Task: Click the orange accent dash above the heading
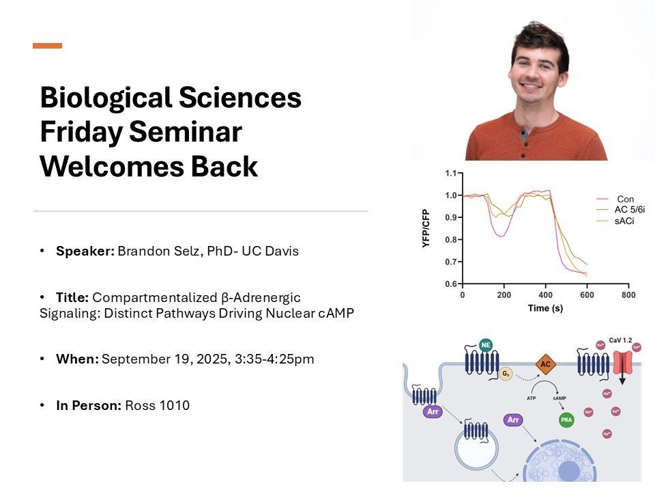coord(47,46)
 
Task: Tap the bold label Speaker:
coord(85,251)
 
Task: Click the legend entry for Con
coord(624,199)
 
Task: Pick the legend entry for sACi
coord(626,222)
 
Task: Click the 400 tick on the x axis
coord(545,295)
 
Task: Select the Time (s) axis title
coord(545,308)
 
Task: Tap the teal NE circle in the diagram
coord(485,344)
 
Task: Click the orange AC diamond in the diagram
coord(545,365)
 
